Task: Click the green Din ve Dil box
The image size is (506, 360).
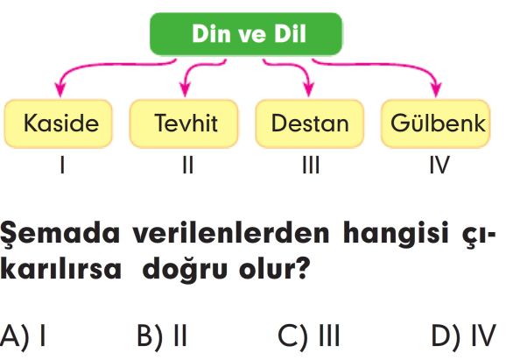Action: (x=246, y=34)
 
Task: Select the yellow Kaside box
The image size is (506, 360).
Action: (x=59, y=124)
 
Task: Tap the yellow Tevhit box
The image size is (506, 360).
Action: (x=184, y=124)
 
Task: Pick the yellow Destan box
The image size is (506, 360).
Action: (x=310, y=124)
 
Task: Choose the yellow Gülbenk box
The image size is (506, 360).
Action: (x=436, y=124)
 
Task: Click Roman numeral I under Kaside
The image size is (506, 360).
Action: (x=62, y=165)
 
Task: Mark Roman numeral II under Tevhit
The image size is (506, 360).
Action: (x=188, y=165)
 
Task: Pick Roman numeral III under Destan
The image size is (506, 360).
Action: (x=311, y=165)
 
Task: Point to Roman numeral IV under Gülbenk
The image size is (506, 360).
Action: (x=439, y=165)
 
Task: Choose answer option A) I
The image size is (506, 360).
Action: (x=23, y=336)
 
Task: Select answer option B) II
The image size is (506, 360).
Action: (x=162, y=336)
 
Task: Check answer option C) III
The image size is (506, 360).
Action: (x=309, y=336)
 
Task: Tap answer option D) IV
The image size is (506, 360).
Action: (x=463, y=336)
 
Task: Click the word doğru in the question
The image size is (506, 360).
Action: (x=185, y=269)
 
